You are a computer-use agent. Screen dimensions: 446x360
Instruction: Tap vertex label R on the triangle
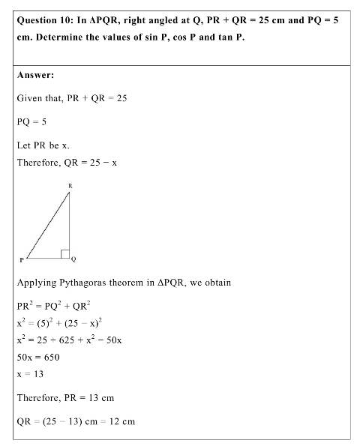pos(69,185)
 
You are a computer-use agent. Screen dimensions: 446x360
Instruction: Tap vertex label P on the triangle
pos(22,259)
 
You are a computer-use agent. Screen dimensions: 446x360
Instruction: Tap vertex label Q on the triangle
pos(74,259)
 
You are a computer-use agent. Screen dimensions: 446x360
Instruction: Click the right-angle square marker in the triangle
pos(65,253)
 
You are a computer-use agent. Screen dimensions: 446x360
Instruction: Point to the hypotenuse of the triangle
pos(47,225)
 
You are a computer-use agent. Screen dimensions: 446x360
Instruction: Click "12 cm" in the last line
pos(122,421)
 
